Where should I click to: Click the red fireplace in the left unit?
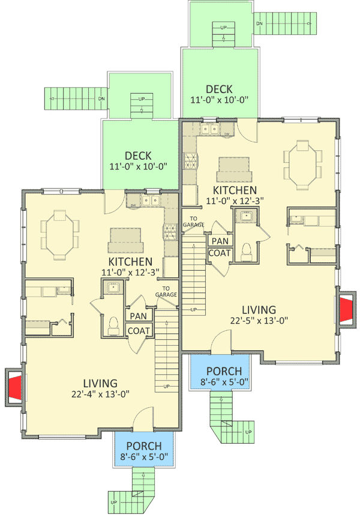(16, 385)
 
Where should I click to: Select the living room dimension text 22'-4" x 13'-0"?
(100, 395)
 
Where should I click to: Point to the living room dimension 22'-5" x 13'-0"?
(259, 320)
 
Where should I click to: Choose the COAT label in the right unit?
(219, 253)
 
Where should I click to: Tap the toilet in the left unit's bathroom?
(114, 322)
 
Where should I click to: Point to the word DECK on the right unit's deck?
(219, 89)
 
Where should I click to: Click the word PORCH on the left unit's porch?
(144, 446)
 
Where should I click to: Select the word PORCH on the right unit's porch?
(224, 370)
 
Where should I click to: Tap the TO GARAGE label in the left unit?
(167, 291)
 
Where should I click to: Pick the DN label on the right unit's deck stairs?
(259, 23)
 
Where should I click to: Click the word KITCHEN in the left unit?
(130, 262)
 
